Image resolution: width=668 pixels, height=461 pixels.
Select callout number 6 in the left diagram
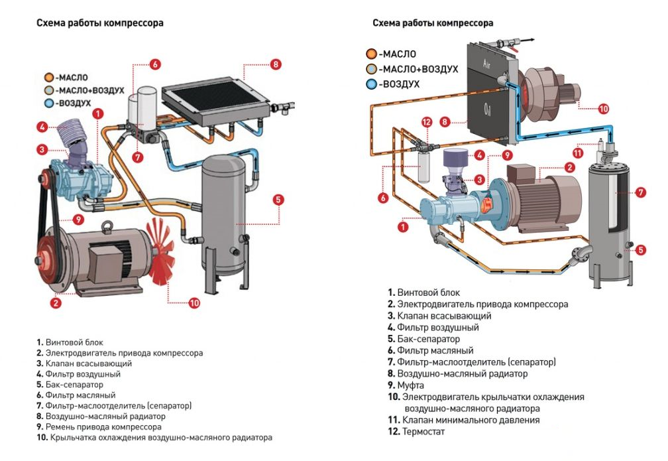(x=154, y=64)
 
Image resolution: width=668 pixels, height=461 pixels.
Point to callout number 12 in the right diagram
(x=427, y=122)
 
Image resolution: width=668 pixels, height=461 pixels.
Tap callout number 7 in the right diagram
(x=640, y=192)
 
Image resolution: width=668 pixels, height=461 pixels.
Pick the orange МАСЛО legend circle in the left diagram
(x=48, y=77)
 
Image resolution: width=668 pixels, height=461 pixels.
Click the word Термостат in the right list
(x=425, y=432)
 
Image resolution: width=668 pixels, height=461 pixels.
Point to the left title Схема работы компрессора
(x=100, y=23)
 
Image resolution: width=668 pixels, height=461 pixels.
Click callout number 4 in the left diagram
(x=41, y=127)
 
